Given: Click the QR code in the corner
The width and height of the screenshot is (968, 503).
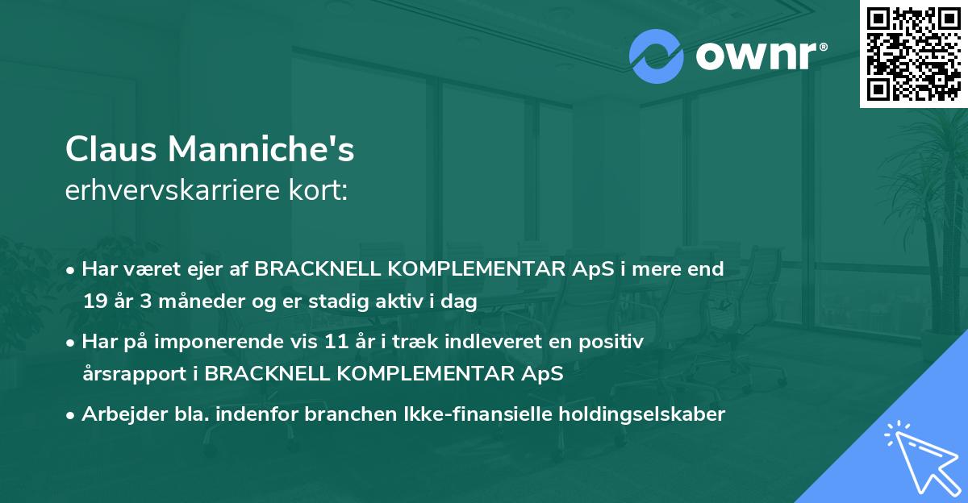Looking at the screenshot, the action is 913,54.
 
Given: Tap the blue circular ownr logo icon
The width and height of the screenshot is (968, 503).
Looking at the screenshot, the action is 656,56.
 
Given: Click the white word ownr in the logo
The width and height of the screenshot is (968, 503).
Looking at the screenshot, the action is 757,56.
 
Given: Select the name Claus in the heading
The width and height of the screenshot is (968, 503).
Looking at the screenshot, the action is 111,149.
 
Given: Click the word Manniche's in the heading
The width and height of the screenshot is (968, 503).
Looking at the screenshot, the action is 261,149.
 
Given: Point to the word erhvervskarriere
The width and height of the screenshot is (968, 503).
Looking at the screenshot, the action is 173,190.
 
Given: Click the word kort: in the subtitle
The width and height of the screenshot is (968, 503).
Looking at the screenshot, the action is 318,190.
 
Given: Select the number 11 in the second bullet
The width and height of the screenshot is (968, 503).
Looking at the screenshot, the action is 336,342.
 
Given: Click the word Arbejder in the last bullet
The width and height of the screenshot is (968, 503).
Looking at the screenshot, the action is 124,414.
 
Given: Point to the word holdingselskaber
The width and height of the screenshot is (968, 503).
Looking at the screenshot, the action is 642,414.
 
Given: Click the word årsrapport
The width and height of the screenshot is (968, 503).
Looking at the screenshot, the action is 135,374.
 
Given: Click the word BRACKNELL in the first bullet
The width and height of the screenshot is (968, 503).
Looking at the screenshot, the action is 318,269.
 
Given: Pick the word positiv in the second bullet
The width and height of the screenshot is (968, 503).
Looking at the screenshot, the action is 611,343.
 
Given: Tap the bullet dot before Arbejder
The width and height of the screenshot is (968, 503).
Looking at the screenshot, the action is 69,416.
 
